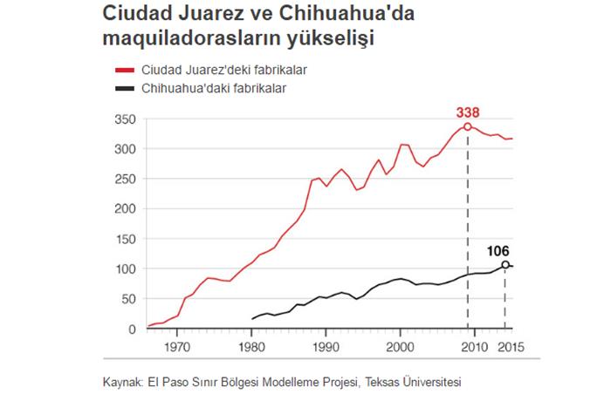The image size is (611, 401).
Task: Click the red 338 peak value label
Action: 468,112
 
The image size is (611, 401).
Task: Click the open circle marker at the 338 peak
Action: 468,127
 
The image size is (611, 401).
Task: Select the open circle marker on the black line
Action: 505,264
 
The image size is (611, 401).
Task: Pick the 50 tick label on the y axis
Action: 129,299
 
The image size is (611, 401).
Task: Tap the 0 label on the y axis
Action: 133,330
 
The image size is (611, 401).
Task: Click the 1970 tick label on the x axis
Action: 177,345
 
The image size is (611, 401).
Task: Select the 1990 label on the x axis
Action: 326,345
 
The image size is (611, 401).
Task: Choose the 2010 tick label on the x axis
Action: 474,345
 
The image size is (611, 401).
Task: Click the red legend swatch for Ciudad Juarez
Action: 122,69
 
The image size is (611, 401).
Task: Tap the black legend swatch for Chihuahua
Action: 122,88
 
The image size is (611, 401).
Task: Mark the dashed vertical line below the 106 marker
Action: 505,301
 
